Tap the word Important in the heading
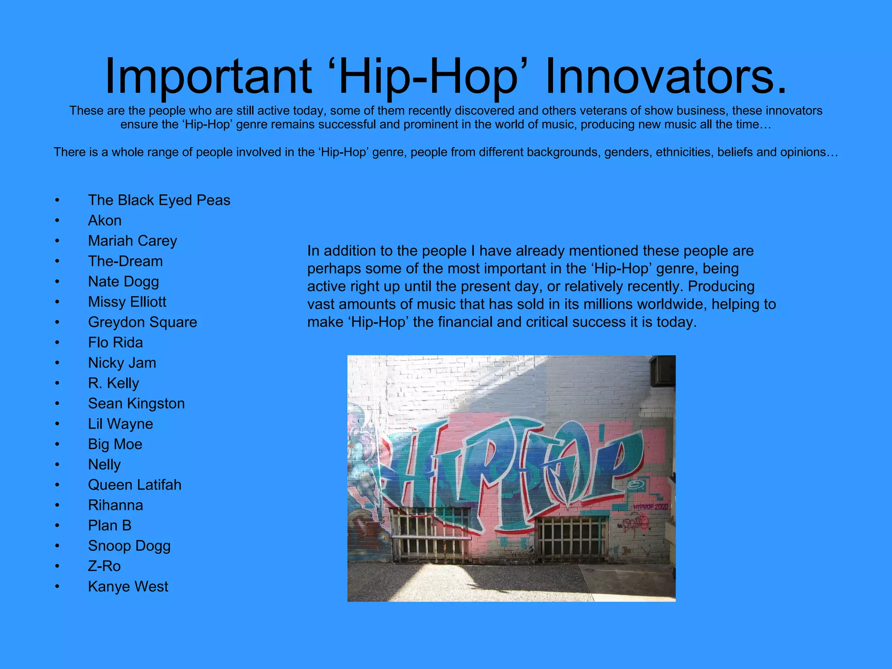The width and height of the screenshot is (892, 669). (208, 76)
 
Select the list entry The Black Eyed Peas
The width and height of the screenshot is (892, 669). (159, 200)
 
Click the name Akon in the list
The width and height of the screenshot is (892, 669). (105, 220)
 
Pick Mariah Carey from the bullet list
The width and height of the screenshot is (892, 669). (132, 241)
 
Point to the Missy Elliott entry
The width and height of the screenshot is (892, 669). (127, 302)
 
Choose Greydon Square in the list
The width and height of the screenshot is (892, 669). (142, 322)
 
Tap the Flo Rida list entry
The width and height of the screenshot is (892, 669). (115, 342)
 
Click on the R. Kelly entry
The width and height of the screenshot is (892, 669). (113, 383)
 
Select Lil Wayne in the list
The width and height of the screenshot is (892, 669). (120, 424)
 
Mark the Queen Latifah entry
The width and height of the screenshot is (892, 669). (135, 485)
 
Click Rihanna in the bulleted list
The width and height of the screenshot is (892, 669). (115, 505)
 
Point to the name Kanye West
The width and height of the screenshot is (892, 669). (128, 587)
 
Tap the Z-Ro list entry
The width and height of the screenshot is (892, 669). (104, 566)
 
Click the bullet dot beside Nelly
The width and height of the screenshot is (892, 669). (57, 465)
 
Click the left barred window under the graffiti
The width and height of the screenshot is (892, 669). (430, 534)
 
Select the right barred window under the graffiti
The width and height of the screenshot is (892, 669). (571, 539)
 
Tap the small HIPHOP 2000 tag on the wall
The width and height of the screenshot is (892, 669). (650, 507)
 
